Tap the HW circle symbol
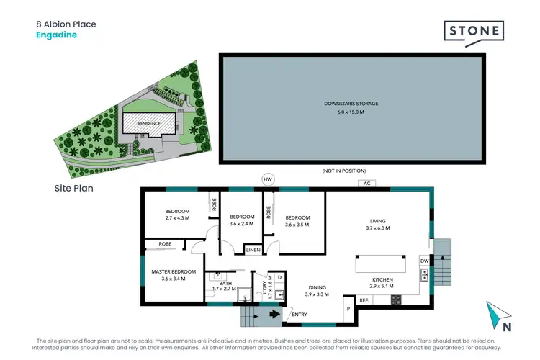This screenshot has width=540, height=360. [x=269, y=179]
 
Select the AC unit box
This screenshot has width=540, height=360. [x=366, y=184]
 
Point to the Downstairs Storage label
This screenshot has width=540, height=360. [x=351, y=104]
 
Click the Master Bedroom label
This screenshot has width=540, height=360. [x=168, y=271]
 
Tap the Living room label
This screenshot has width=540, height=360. [x=378, y=220]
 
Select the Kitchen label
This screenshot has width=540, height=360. [x=382, y=279]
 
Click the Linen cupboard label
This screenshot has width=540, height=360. [x=252, y=250]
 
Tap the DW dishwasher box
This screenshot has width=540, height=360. [x=424, y=261]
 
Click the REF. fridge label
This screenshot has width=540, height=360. [x=364, y=300]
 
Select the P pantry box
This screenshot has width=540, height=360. [x=348, y=308]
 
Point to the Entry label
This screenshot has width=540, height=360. [x=299, y=313]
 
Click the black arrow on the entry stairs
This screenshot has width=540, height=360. [x=274, y=313]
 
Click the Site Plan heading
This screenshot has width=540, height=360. [x=74, y=189]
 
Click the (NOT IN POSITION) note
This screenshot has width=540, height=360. [x=344, y=171]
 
